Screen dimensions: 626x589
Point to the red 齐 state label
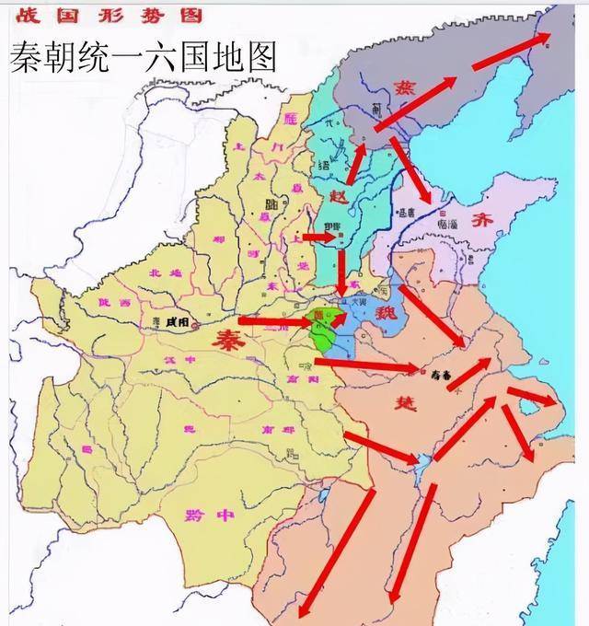[x=482, y=220]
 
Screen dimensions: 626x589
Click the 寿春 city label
[x=443, y=375]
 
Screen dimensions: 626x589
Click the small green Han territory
[x=323, y=331]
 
